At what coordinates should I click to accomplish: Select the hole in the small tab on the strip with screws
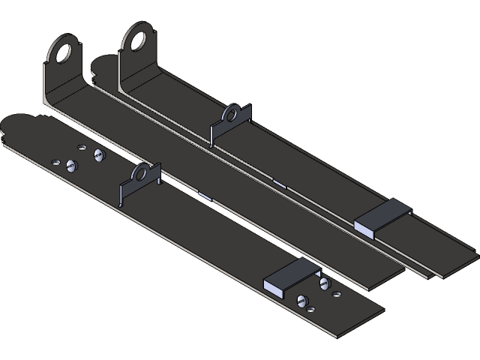142,175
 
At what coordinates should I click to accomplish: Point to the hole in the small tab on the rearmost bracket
232,115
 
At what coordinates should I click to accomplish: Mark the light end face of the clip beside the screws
276,284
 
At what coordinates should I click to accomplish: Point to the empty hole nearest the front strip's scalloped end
55,161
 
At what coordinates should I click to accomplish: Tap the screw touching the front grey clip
324,283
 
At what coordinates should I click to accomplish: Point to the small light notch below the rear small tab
279,181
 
